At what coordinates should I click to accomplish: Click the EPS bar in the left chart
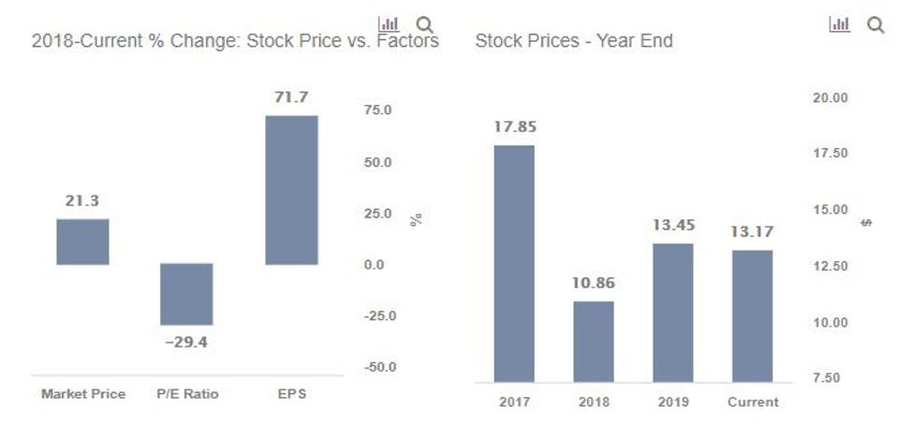click(291, 190)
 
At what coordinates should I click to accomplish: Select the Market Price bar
click(82, 241)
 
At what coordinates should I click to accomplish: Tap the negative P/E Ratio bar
click(186, 294)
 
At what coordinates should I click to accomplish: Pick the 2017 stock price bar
click(514, 263)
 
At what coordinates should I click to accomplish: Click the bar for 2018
click(594, 341)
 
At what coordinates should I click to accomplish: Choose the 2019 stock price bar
click(673, 313)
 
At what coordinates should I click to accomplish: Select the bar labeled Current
click(753, 315)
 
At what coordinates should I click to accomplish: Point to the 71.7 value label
click(291, 97)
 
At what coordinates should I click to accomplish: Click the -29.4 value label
click(186, 342)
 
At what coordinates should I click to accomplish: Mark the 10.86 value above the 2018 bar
click(594, 283)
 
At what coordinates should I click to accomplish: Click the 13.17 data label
click(753, 231)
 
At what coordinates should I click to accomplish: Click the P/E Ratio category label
click(186, 394)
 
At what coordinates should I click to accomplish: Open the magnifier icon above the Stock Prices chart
click(876, 25)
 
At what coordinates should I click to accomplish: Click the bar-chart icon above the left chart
click(389, 24)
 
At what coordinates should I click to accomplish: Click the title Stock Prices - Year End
click(573, 41)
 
